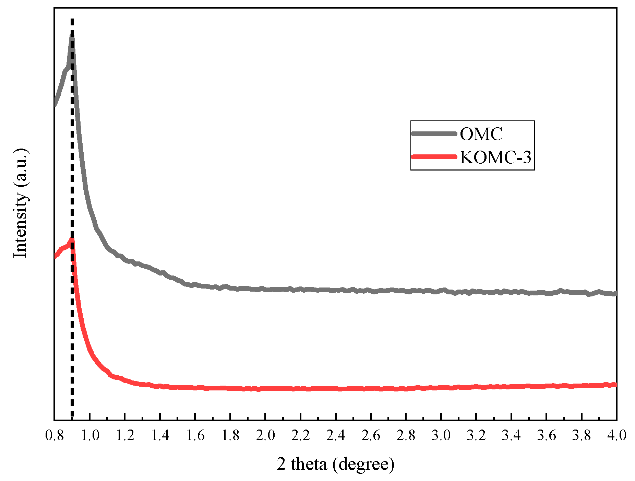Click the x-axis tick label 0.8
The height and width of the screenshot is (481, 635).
54,435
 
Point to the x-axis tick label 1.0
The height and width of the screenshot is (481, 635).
89,435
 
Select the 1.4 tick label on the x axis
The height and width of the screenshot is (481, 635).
160,435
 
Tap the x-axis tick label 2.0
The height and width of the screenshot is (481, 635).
265,435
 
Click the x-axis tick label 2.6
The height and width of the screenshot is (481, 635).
371,435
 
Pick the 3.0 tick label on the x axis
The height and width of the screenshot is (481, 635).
441,435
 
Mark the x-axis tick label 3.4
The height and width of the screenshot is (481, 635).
511,435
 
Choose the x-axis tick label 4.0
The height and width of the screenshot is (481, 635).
616,435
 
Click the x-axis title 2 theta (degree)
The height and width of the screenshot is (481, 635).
335,464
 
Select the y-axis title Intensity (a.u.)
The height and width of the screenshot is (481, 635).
20,203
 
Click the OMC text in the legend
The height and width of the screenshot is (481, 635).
481,134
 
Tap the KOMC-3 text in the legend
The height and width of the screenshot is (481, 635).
495,157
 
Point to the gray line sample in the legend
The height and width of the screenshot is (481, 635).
434,134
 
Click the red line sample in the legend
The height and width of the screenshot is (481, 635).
434,157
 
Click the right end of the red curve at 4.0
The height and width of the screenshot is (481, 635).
615,385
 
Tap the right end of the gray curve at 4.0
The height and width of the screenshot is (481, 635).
615,293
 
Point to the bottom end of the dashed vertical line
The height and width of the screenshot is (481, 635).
72,416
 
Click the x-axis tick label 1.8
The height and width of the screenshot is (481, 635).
230,435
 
